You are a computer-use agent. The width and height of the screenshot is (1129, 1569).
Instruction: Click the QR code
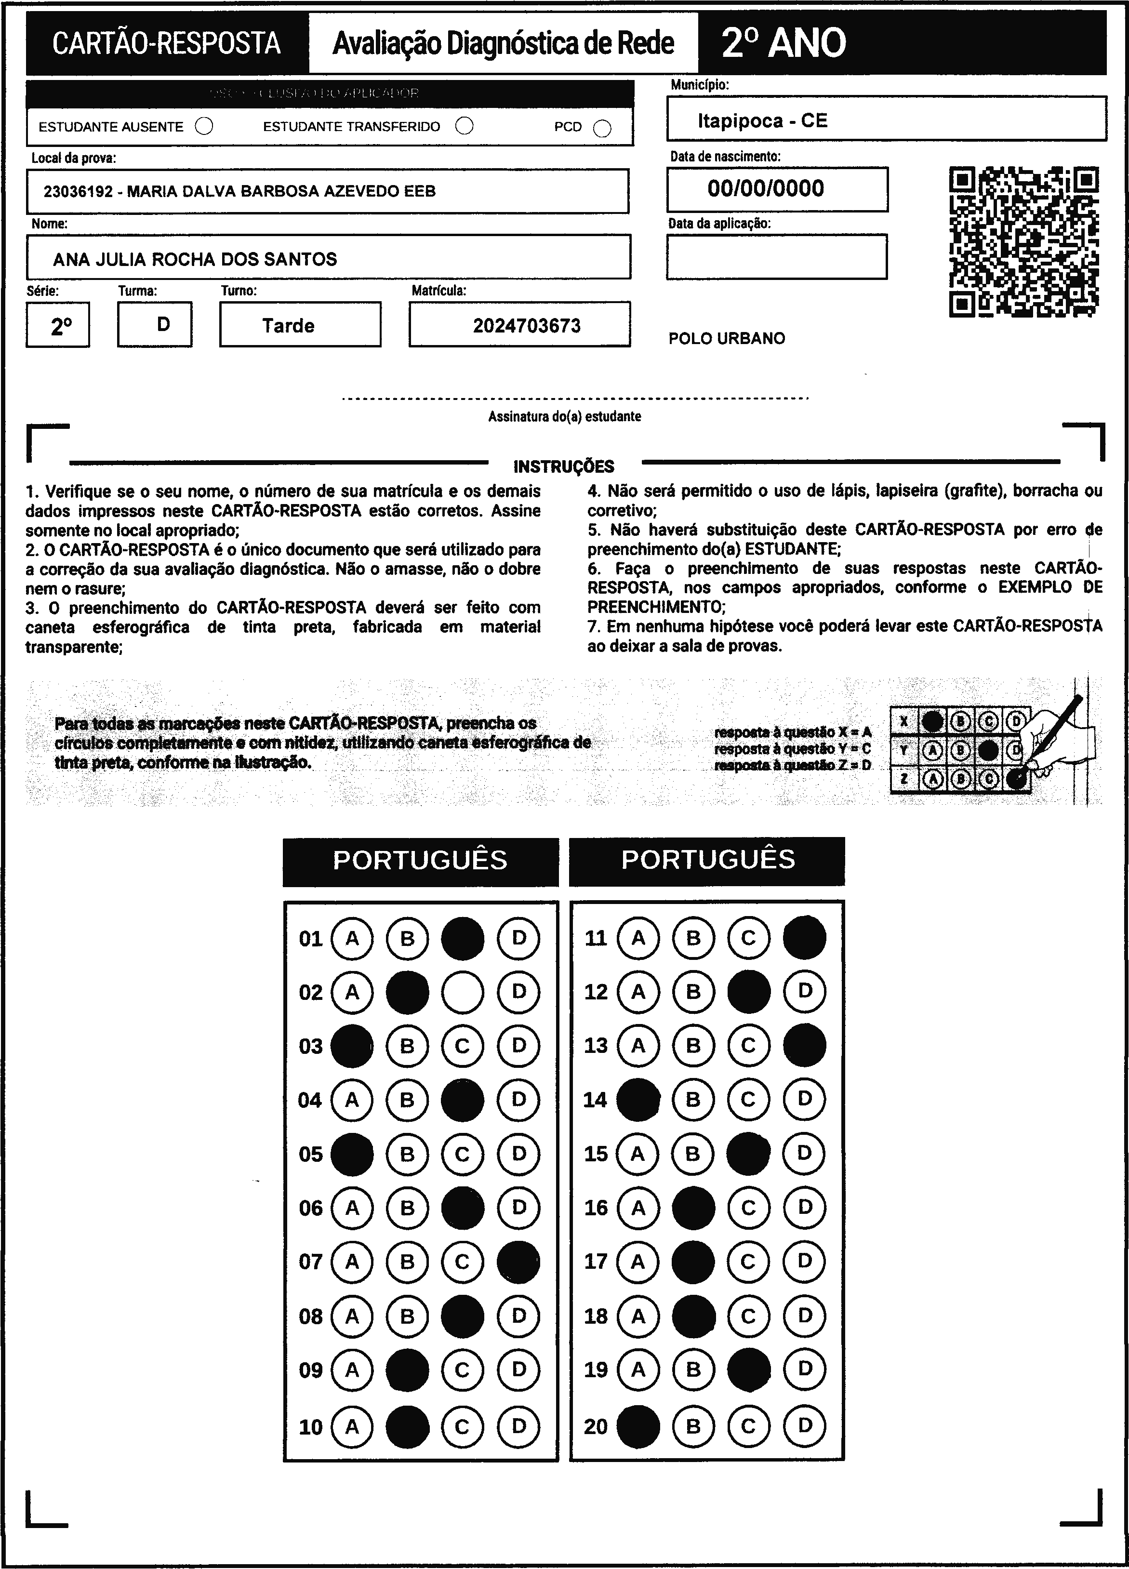pos(1024,241)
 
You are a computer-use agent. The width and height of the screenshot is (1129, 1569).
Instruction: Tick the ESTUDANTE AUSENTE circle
pos(204,127)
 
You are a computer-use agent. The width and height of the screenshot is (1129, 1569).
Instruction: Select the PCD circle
pos(602,129)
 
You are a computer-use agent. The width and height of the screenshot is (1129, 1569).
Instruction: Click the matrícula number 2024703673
pos(527,326)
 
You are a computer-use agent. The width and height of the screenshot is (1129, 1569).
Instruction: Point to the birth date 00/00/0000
pos(766,188)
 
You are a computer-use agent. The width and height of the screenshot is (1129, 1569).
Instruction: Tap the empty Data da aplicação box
pos(776,257)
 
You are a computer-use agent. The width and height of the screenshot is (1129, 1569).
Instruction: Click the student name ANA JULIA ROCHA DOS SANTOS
pos(195,259)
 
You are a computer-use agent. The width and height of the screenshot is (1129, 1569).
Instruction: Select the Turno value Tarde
pos(289,326)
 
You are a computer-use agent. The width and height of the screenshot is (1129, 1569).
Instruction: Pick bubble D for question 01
pos(518,938)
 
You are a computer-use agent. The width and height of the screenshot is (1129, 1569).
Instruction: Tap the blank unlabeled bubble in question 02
pos(462,992)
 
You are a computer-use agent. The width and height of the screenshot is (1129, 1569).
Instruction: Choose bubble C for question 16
pos(748,1208)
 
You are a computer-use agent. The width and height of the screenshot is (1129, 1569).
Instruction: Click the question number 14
pos(595,1100)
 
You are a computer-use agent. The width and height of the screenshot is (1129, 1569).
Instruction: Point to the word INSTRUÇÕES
pos(564,466)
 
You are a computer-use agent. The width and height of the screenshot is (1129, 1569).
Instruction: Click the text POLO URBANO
pos(726,338)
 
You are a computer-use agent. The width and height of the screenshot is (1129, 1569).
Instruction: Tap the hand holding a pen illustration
pos(1059,740)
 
